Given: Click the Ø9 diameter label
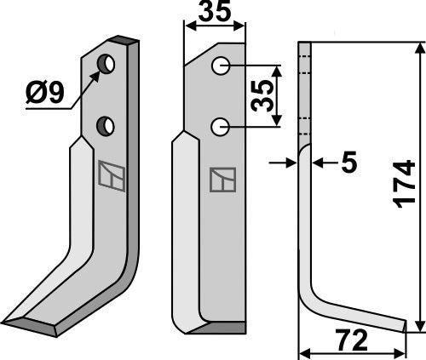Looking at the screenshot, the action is pos(45,93).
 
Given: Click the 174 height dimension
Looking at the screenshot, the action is pos(404,184).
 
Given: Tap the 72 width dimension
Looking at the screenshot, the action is pos(351,340).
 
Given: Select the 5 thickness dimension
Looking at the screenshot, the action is pos(348,162).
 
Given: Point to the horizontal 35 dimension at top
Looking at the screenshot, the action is pos(215,12).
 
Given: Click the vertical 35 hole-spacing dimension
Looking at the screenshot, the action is pos(262,96).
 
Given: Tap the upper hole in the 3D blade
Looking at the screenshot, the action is pos(106,64).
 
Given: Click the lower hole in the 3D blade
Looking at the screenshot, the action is pos(106,126).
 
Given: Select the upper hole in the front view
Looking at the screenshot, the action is pos(221,66).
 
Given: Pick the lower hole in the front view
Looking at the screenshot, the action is pos(220,127).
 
